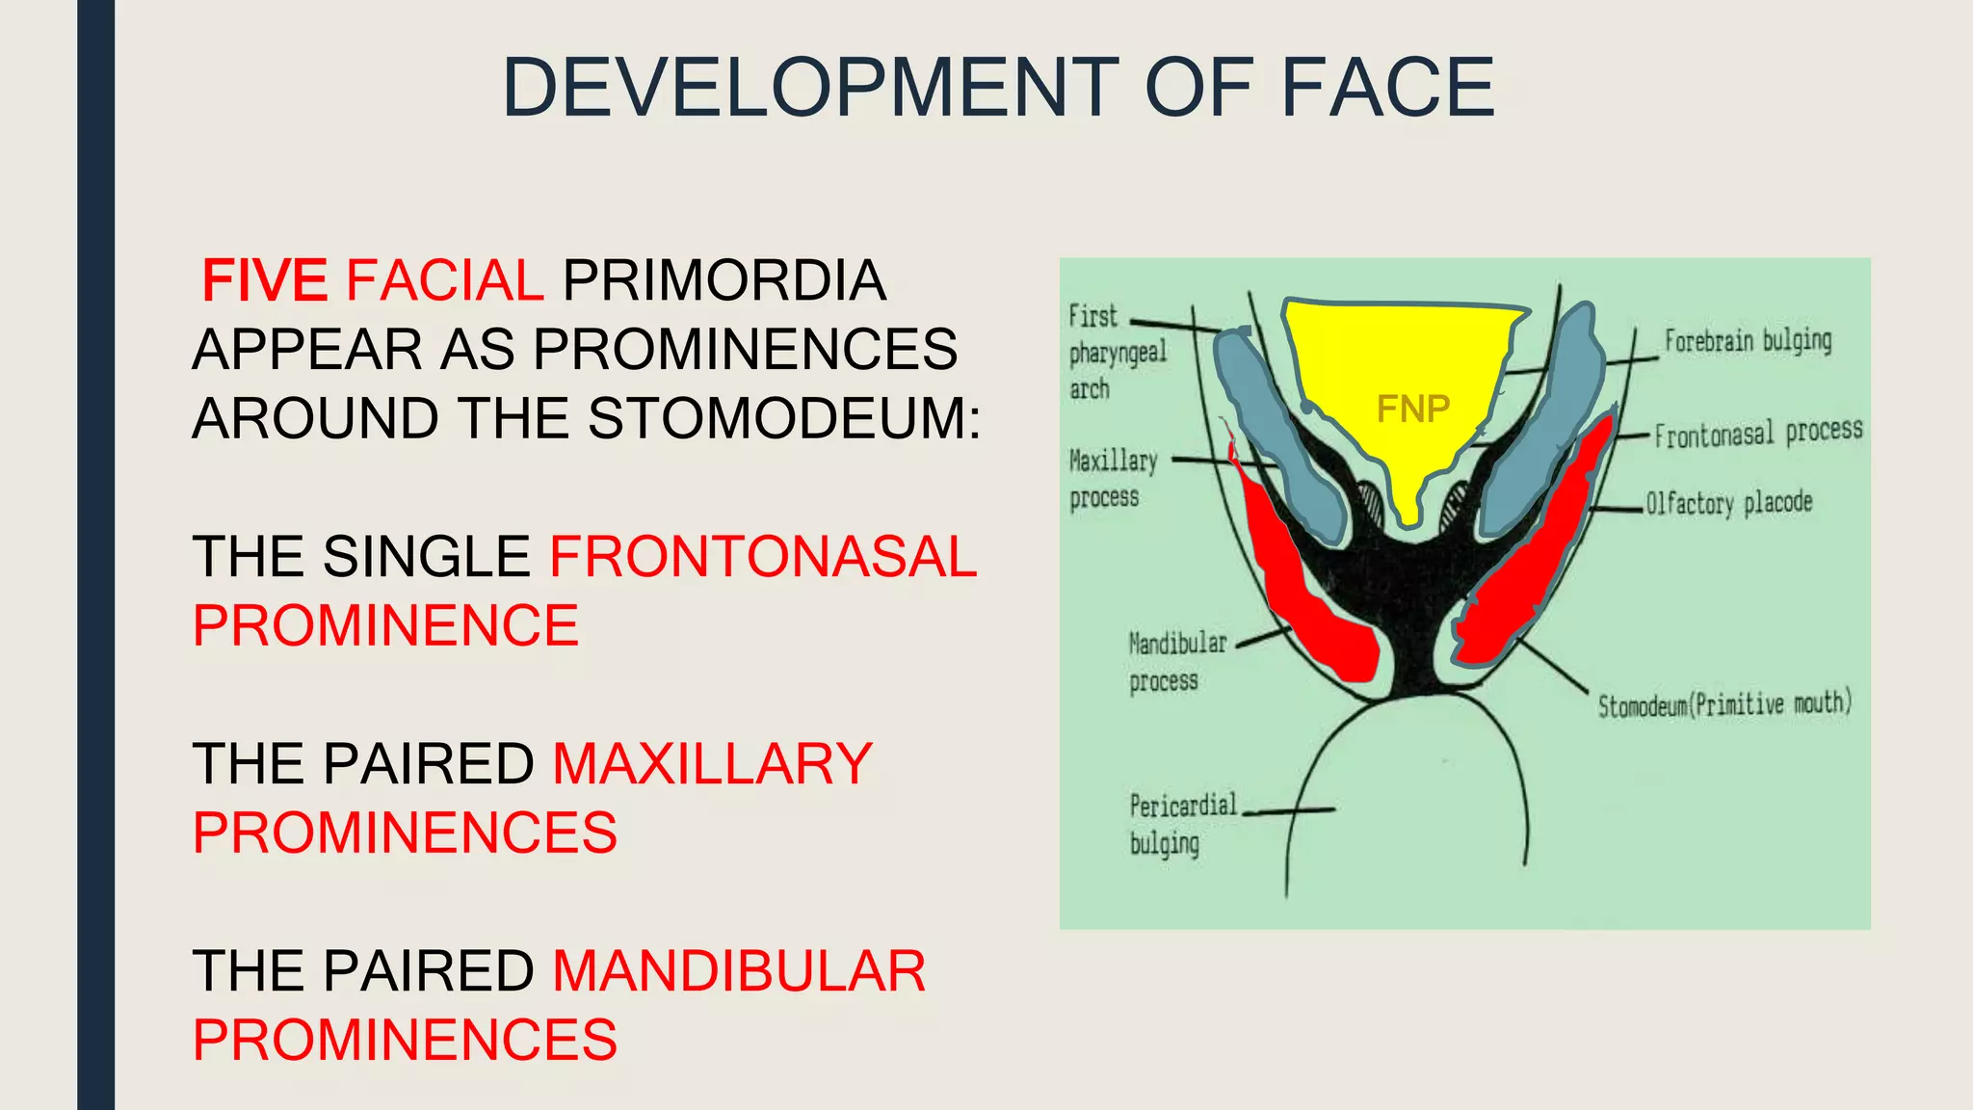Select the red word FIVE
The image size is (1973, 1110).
(x=264, y=280)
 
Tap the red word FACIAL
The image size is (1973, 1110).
(x=444, y=280)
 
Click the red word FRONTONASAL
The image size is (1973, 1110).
(x=763, y=557)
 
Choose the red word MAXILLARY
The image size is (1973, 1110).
(x=712, y=764)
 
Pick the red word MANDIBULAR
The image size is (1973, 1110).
(x=739, y=971)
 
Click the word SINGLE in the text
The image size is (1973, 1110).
(x=426, y=557)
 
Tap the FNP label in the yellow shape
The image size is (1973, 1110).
(x=1412, y=410)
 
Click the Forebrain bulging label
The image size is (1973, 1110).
(x=1748, y=340)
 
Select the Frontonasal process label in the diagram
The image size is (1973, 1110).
(x=1758, y=433)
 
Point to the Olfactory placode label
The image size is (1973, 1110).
(x=1728, y=503)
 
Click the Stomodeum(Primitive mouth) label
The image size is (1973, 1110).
(x=1724, y=704)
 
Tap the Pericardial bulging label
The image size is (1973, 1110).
(x=1182, y=824)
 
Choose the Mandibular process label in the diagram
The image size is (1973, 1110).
(x=1177, y=661)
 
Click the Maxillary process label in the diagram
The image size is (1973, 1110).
(x=1113, y=478)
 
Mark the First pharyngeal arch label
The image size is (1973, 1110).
(x=1118, y=352)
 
